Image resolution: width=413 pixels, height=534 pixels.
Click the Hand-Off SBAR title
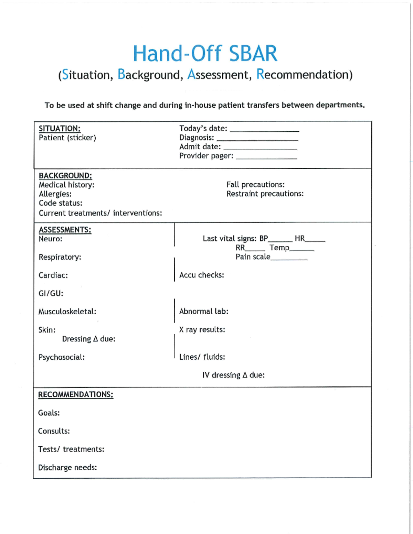click(x=205, y=54)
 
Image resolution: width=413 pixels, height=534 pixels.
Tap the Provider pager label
click(x=206, y=156)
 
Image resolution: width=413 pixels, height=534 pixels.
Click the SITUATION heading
click(x=60, y=129)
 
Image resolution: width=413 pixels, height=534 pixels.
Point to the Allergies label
click(x=55, y=194)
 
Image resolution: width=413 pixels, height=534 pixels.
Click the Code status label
click(x=61, y=203)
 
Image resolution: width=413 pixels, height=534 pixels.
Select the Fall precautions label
click(x=255, y=185)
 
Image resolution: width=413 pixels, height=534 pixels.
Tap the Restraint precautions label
click(x=265, y=194)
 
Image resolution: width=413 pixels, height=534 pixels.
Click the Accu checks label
click(x=202, y=275)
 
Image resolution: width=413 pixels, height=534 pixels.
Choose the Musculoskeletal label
click(x=67, y=312)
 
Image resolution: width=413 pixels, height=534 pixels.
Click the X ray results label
click(x=202, y=329)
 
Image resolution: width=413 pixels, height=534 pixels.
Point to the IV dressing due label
click(x=234, y=375)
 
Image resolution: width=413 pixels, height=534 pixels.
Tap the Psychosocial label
click(x=62, y=357)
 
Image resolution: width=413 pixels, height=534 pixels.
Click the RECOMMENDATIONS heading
click(x=76, y=394)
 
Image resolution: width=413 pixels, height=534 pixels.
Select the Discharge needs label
click(x=67, y=468)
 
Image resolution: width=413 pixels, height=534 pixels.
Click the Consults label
click(x=54, y=431)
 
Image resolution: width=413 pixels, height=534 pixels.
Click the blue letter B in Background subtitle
click(x=121, y=74)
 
